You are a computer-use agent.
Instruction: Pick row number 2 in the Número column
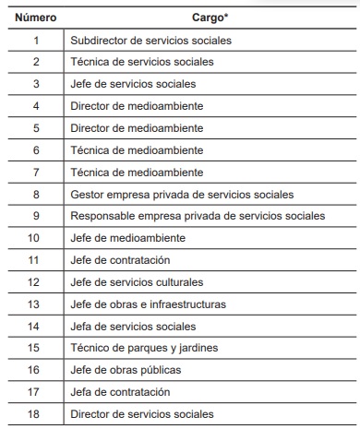tap(36, 62)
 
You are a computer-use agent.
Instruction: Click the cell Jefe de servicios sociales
tap(133, 84)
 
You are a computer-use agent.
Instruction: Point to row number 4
tap(36, 106)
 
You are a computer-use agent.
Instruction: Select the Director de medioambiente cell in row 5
tap(137, 128)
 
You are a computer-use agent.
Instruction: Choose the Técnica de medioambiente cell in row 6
tap(137, 150)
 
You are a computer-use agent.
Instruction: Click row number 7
tap(36, 173)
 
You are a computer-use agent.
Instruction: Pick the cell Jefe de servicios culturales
tap(137, 282)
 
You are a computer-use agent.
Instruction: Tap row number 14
tap(36, 327)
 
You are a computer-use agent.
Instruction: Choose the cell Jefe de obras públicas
tap(126, 370)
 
